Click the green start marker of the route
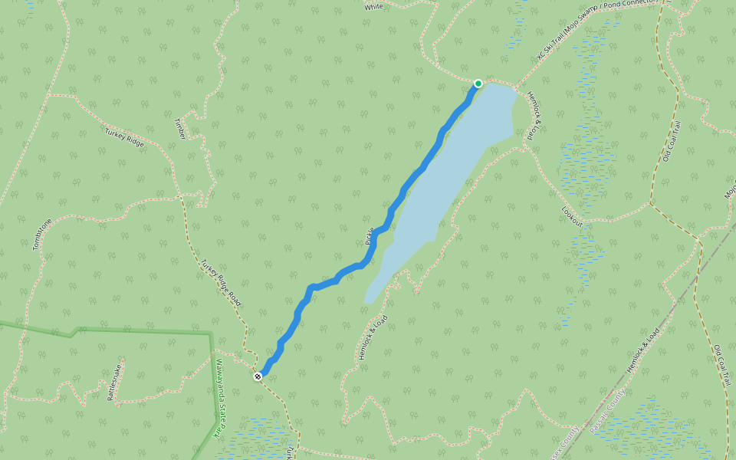click(x=478, y=84)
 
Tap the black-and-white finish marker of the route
click(x=258, y=376)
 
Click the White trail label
click(x=374, y=7)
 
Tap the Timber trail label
click(x=180, y=129)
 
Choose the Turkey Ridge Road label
click(x=221, y=283)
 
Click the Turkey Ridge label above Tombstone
click(x=124, y=136)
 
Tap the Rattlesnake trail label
click(x=117, y=382)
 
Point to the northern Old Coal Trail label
click(x=672, y=141)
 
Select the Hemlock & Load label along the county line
click(x=642, y=350)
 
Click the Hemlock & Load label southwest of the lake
click(x=373, y=337)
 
